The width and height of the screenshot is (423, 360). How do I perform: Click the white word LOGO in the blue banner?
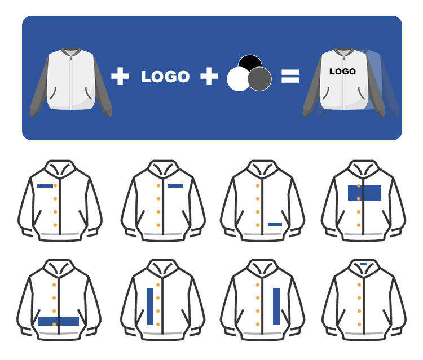pos(165,77)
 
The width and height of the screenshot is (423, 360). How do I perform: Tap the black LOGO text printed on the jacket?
pos(342,72)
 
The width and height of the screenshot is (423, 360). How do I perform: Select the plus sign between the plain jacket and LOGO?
pos(120,76)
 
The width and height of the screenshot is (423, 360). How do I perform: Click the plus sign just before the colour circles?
pos(209,76)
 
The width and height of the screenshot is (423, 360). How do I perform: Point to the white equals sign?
pos(290,76)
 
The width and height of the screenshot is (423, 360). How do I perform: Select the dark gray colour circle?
pos(260,79)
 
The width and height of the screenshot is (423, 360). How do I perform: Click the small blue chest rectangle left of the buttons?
pos(45,186)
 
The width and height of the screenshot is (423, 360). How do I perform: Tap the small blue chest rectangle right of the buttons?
pos(175,186)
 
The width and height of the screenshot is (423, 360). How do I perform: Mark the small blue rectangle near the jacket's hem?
pos(275,224)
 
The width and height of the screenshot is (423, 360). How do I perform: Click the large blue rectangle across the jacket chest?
pos(364,193)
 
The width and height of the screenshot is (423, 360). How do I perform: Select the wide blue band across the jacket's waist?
pos(59,321)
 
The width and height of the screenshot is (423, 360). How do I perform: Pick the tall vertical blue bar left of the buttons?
pos(150,306)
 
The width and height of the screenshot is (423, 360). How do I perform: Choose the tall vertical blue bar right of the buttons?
pos(276,306)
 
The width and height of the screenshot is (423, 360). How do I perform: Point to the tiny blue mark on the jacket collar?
pos(363,264)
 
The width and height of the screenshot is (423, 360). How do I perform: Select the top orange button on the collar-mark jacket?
pos(359,284)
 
